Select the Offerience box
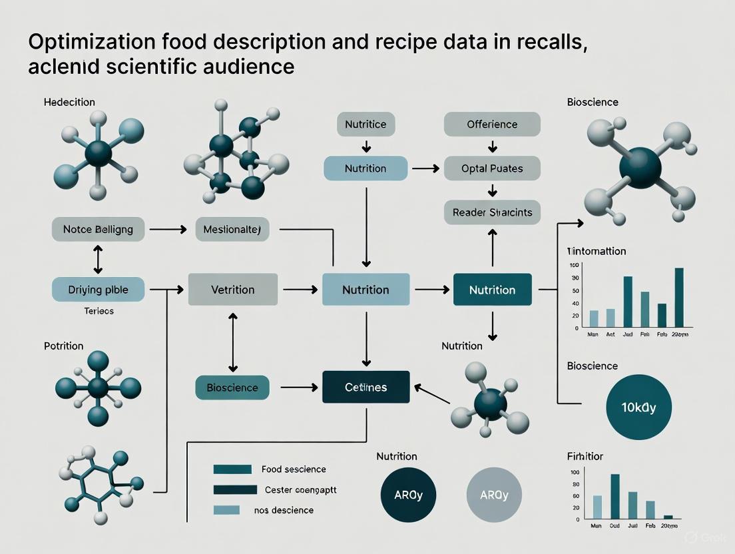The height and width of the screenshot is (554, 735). click(x=492, y=125)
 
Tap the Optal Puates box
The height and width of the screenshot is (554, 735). click(x=492, y=168)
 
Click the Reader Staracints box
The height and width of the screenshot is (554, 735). click(x=492, y=212)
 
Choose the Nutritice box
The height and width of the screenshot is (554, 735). click(x=366, y=125)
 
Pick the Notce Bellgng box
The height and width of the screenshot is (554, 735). click(x=98, y=229)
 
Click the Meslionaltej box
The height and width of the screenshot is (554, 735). click(x=232, y=229)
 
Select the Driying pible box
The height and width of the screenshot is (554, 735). click(x=98, y=290)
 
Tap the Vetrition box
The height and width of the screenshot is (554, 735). click(x=232, y=290)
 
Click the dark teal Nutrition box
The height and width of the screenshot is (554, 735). click(x=492, y=290)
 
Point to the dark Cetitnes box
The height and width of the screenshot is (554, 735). click(x=366, y=387)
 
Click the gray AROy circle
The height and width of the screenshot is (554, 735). click(x=494, y=495)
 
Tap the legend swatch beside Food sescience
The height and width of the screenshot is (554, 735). click(x=232, y=469)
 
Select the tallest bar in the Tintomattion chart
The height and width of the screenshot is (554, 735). click(x=679, y=298)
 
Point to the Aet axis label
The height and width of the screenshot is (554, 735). click(x=611, y=334)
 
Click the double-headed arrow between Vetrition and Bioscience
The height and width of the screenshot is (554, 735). click(x=232, y=343)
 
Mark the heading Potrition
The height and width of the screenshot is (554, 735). click(x=63, y=346)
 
